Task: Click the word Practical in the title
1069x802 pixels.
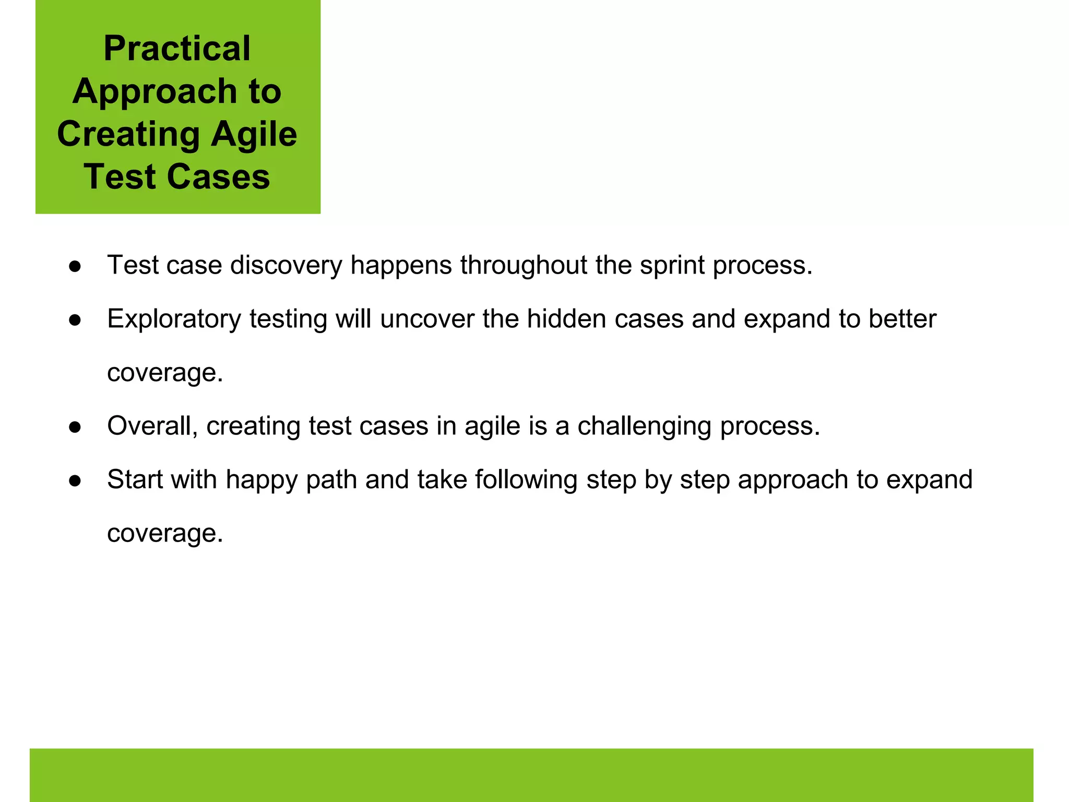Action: tap(177, 49)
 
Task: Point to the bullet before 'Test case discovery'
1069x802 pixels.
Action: tap(75, 266)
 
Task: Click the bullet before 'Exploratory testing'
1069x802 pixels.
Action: tap(75, 320)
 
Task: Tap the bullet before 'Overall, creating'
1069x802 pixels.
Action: tap(75, 427)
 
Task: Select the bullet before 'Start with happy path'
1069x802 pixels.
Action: tap(75, 481)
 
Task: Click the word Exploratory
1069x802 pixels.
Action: tap(174, 319)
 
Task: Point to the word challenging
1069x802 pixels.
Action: tap(644, 426)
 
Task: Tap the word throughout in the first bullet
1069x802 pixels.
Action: tap(523, 265)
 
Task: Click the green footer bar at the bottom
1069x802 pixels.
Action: tap(531, 775)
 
